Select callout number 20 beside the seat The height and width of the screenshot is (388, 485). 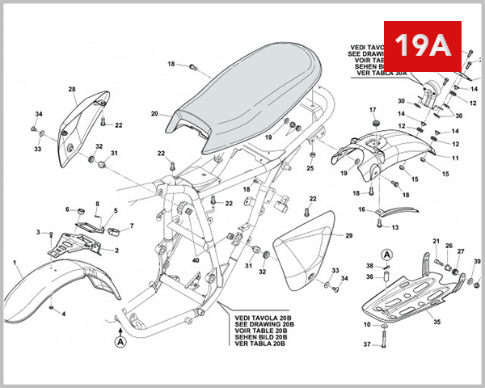tap(154, 114)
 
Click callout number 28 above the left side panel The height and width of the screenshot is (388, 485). tap(72, 89)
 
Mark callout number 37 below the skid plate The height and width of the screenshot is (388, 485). tap(366, 344)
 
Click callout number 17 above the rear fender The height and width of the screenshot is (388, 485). tap(373, 110)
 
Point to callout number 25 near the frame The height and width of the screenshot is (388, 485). tap(310, 168)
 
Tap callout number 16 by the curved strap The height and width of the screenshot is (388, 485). tap(362, 209)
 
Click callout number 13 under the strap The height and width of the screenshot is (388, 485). tap(395, 228)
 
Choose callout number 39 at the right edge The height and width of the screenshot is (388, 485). tap(477, 261)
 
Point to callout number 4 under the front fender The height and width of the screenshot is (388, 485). tap(64, 313)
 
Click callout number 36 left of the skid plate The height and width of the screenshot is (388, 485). tap(369, 276)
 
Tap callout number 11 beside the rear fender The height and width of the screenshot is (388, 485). tap(455, 158)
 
